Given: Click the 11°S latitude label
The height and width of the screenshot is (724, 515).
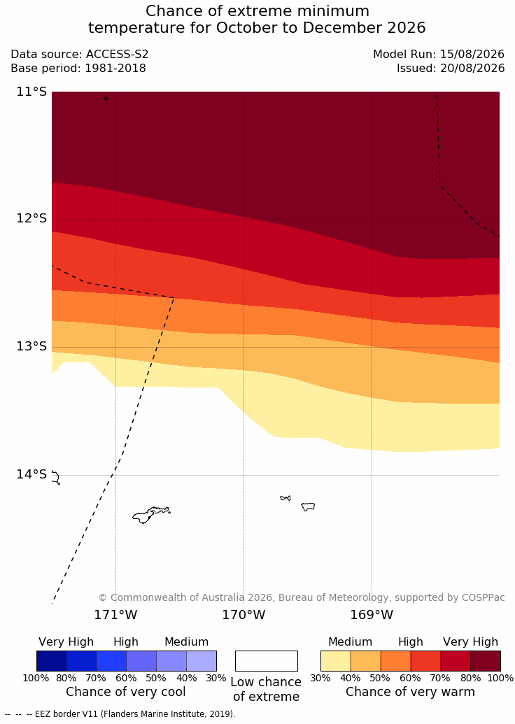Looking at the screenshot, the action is [31, 92].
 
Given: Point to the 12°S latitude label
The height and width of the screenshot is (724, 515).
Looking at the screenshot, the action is [31, 218].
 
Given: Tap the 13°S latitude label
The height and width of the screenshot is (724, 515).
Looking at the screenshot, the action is [31, 346].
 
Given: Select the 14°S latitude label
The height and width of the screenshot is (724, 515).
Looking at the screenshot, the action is [31, 474].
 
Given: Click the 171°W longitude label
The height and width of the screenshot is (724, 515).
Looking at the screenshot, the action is [115, 615].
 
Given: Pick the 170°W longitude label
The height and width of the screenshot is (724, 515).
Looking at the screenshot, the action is [244, 615].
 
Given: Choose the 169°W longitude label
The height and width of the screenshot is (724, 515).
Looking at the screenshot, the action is [372, 615].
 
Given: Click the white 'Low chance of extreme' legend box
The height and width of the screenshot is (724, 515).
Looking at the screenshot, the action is [267, 661].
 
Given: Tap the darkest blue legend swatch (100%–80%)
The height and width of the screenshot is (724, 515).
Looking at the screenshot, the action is [51, 661].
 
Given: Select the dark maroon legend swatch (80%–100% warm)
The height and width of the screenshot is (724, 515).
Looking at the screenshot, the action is [486, 661].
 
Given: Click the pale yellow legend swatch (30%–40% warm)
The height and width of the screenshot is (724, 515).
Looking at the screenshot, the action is [336, 661].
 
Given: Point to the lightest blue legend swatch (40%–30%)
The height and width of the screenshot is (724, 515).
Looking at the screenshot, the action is [202, 661].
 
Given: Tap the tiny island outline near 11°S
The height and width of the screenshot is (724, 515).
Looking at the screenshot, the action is [106, 99].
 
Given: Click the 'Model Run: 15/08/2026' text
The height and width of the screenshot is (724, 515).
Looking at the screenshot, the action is [439, 54].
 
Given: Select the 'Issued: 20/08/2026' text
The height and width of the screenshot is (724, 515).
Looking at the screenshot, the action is [451, 69].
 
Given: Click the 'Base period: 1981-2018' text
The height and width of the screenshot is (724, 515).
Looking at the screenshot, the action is [78, 69].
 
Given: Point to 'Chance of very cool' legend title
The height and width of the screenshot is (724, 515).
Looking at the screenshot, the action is [126, 692].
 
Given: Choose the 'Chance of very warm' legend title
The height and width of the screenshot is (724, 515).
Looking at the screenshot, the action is [410, 692].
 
